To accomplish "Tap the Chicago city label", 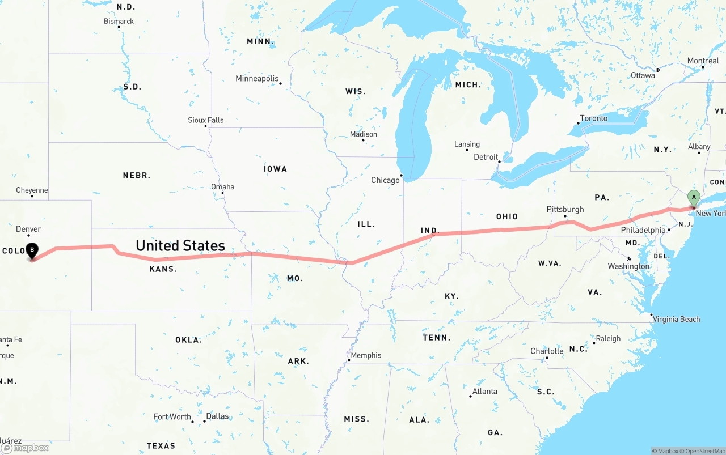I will point(385,180).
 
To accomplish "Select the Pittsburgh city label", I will point(565,209).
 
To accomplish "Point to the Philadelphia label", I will point(643,230).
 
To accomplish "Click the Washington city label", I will point(628,266).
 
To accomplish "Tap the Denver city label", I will point(28,229).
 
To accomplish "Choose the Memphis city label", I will point(366,355).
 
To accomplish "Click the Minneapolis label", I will point(257,79).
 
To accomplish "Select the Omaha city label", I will point(222,186).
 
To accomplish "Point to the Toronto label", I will point(593,118).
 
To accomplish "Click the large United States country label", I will point(180,245).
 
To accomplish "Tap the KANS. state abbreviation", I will point(163,269).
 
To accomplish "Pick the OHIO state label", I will point(506,216).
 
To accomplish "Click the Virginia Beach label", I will point(676,319).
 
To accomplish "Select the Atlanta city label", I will point(485,391).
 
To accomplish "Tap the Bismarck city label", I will point(119,21).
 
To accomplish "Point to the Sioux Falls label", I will point(205,120).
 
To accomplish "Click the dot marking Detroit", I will point(500,161).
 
